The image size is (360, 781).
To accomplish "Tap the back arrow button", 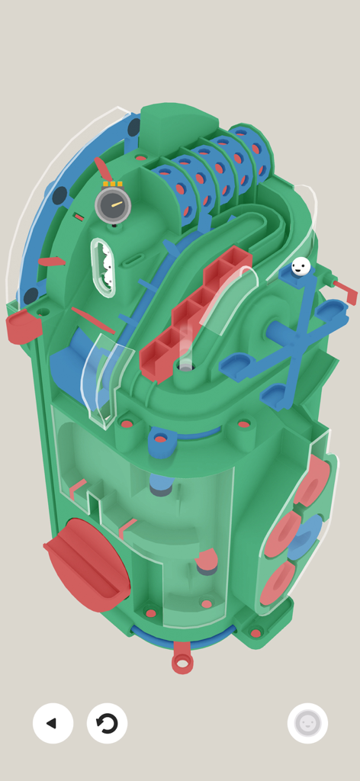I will [53, 723].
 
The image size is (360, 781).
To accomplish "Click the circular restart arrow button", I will [107, 723].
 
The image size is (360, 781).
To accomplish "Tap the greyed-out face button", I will [307, 723].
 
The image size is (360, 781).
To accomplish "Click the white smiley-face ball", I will [301, 266].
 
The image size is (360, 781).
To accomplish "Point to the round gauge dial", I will [113, 205].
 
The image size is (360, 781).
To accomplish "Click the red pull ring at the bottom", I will [182, 660].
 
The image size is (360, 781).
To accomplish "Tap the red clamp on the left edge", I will [24, 326].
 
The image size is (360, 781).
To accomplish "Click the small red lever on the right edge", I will [345, 291].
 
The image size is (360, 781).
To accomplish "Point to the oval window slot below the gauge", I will [103, 267].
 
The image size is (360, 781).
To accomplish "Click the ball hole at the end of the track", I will [185, 366].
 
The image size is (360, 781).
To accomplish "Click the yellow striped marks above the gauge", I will [113, 184].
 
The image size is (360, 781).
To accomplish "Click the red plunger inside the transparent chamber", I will [207, 561].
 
